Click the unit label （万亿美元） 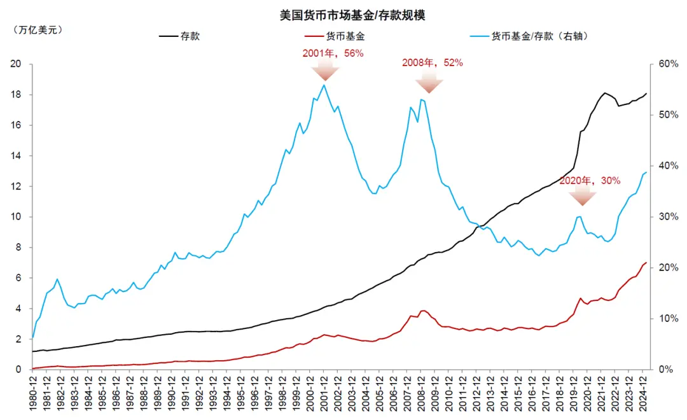click(38, 30)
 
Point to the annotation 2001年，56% click(332, 53)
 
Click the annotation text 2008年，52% click(432, 63)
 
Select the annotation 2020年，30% click(590, 181)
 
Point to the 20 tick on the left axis click(17, 64)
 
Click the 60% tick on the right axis click(666, 64)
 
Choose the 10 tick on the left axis click(17, 217)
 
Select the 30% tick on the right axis click(666, 217)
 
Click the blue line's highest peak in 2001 click(324, 85)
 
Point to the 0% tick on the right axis click(663, 370)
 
